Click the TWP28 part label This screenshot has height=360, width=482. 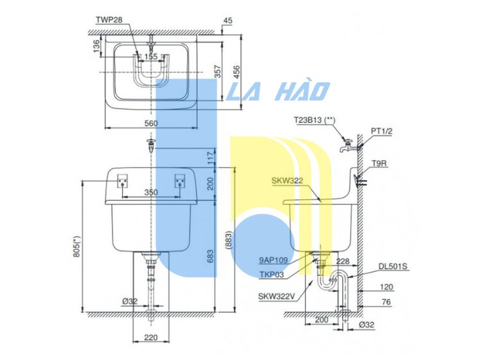tap(109, 20)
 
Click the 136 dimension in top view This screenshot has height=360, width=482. tap(96, 46)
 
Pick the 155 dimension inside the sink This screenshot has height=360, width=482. tap(151, 57)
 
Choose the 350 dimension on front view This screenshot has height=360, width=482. tap(150, 192)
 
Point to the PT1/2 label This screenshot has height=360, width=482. tap(381, 130)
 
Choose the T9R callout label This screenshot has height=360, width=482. tap(379, 164)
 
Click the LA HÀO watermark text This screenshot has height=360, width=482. tap(279, 91)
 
